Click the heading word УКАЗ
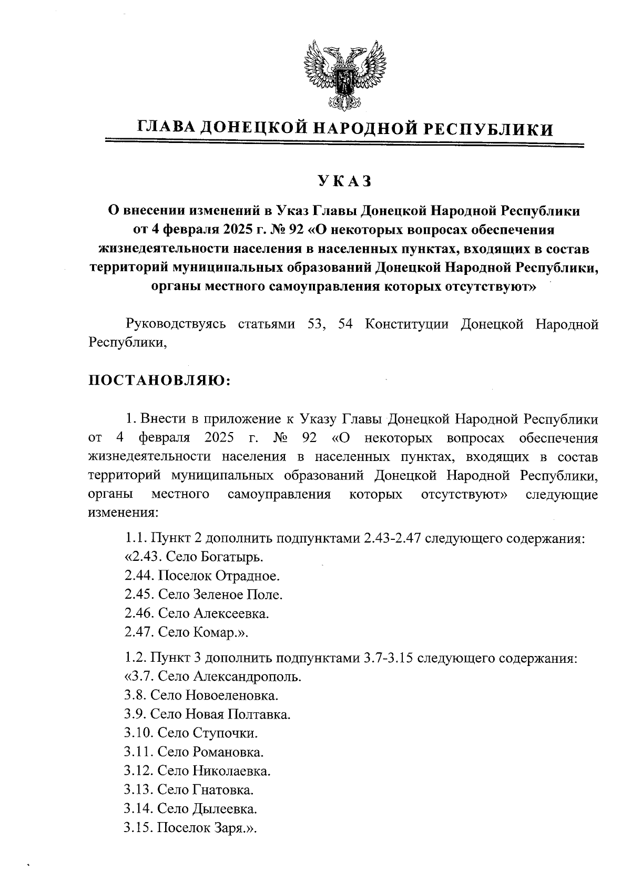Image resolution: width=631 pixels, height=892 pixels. pos(344,181)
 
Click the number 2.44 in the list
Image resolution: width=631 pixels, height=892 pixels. pos(138,576)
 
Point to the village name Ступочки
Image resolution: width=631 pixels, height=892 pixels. pos(226,733)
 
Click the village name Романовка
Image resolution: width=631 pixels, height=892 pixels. pos(228,752)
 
